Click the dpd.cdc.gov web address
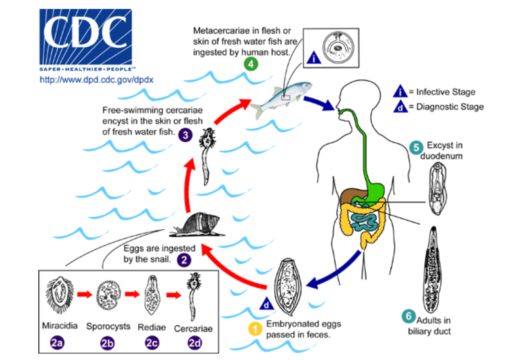(96, 80)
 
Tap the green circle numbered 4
(250, 64)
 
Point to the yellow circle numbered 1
(255, 329)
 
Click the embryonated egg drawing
(288, 286)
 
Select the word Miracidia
(59, 326)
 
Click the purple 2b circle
(107, 342)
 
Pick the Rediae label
(152, 327)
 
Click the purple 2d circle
(194, 342)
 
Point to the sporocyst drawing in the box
(109, 295)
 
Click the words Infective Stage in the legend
(446, 92)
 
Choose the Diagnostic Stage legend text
(450, 107)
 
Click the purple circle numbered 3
(186, 135)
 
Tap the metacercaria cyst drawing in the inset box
(338, 48)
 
